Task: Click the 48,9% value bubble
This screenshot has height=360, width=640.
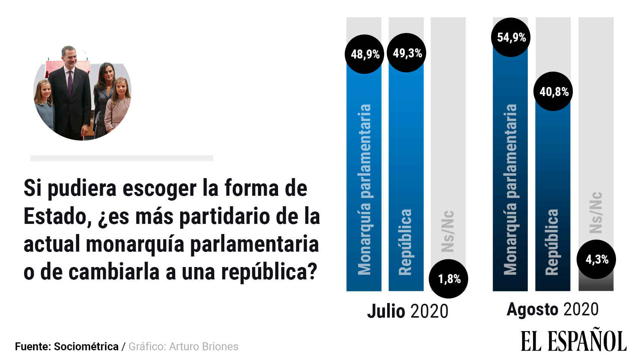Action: click(365, 54)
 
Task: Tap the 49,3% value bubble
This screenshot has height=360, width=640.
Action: click(407, 53)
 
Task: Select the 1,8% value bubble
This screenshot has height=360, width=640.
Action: click(449, 279)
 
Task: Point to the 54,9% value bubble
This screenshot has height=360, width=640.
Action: click(511, 37)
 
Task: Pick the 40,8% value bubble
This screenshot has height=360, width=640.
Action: click(553, 91)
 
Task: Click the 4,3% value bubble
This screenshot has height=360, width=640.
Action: click(596, 259)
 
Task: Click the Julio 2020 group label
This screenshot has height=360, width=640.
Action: click(407, 311)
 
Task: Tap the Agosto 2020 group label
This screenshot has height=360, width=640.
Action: click(552, 310)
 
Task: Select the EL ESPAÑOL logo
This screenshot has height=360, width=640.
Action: click(573, 341)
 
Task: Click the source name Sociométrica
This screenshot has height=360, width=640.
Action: click(86, 346)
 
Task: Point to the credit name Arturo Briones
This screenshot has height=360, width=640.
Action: click(203, 346)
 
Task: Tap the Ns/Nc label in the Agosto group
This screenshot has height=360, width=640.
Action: click(596, 212)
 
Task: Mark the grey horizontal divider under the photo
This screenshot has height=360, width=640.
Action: click(122, 158)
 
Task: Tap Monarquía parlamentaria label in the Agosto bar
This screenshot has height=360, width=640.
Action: click(510, 189)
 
